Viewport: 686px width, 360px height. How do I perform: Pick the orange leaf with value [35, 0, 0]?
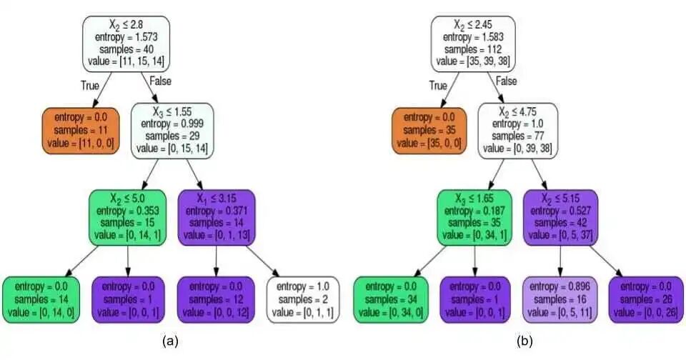click(x=427, y=131)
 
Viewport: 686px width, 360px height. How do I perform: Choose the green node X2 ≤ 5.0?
click(x=128, y=218)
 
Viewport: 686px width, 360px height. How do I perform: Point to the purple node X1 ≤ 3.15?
click(x=216, y=218)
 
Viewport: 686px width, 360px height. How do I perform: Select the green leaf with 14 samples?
click(x=41, y=299)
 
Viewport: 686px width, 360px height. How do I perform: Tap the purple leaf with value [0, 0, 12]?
click(x=215, y=299)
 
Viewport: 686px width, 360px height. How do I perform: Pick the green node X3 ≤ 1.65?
click(x=475, y=218)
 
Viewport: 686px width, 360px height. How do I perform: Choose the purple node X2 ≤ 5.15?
click(x=561, y=218)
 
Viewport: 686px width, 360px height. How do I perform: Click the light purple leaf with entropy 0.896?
click(x=561, y=299)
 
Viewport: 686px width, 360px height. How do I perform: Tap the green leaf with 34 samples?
click(x=390, y=299)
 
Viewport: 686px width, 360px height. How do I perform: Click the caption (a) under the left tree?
click(x=170, y=341)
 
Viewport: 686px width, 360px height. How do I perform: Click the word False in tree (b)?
click(x=506, y=81)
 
